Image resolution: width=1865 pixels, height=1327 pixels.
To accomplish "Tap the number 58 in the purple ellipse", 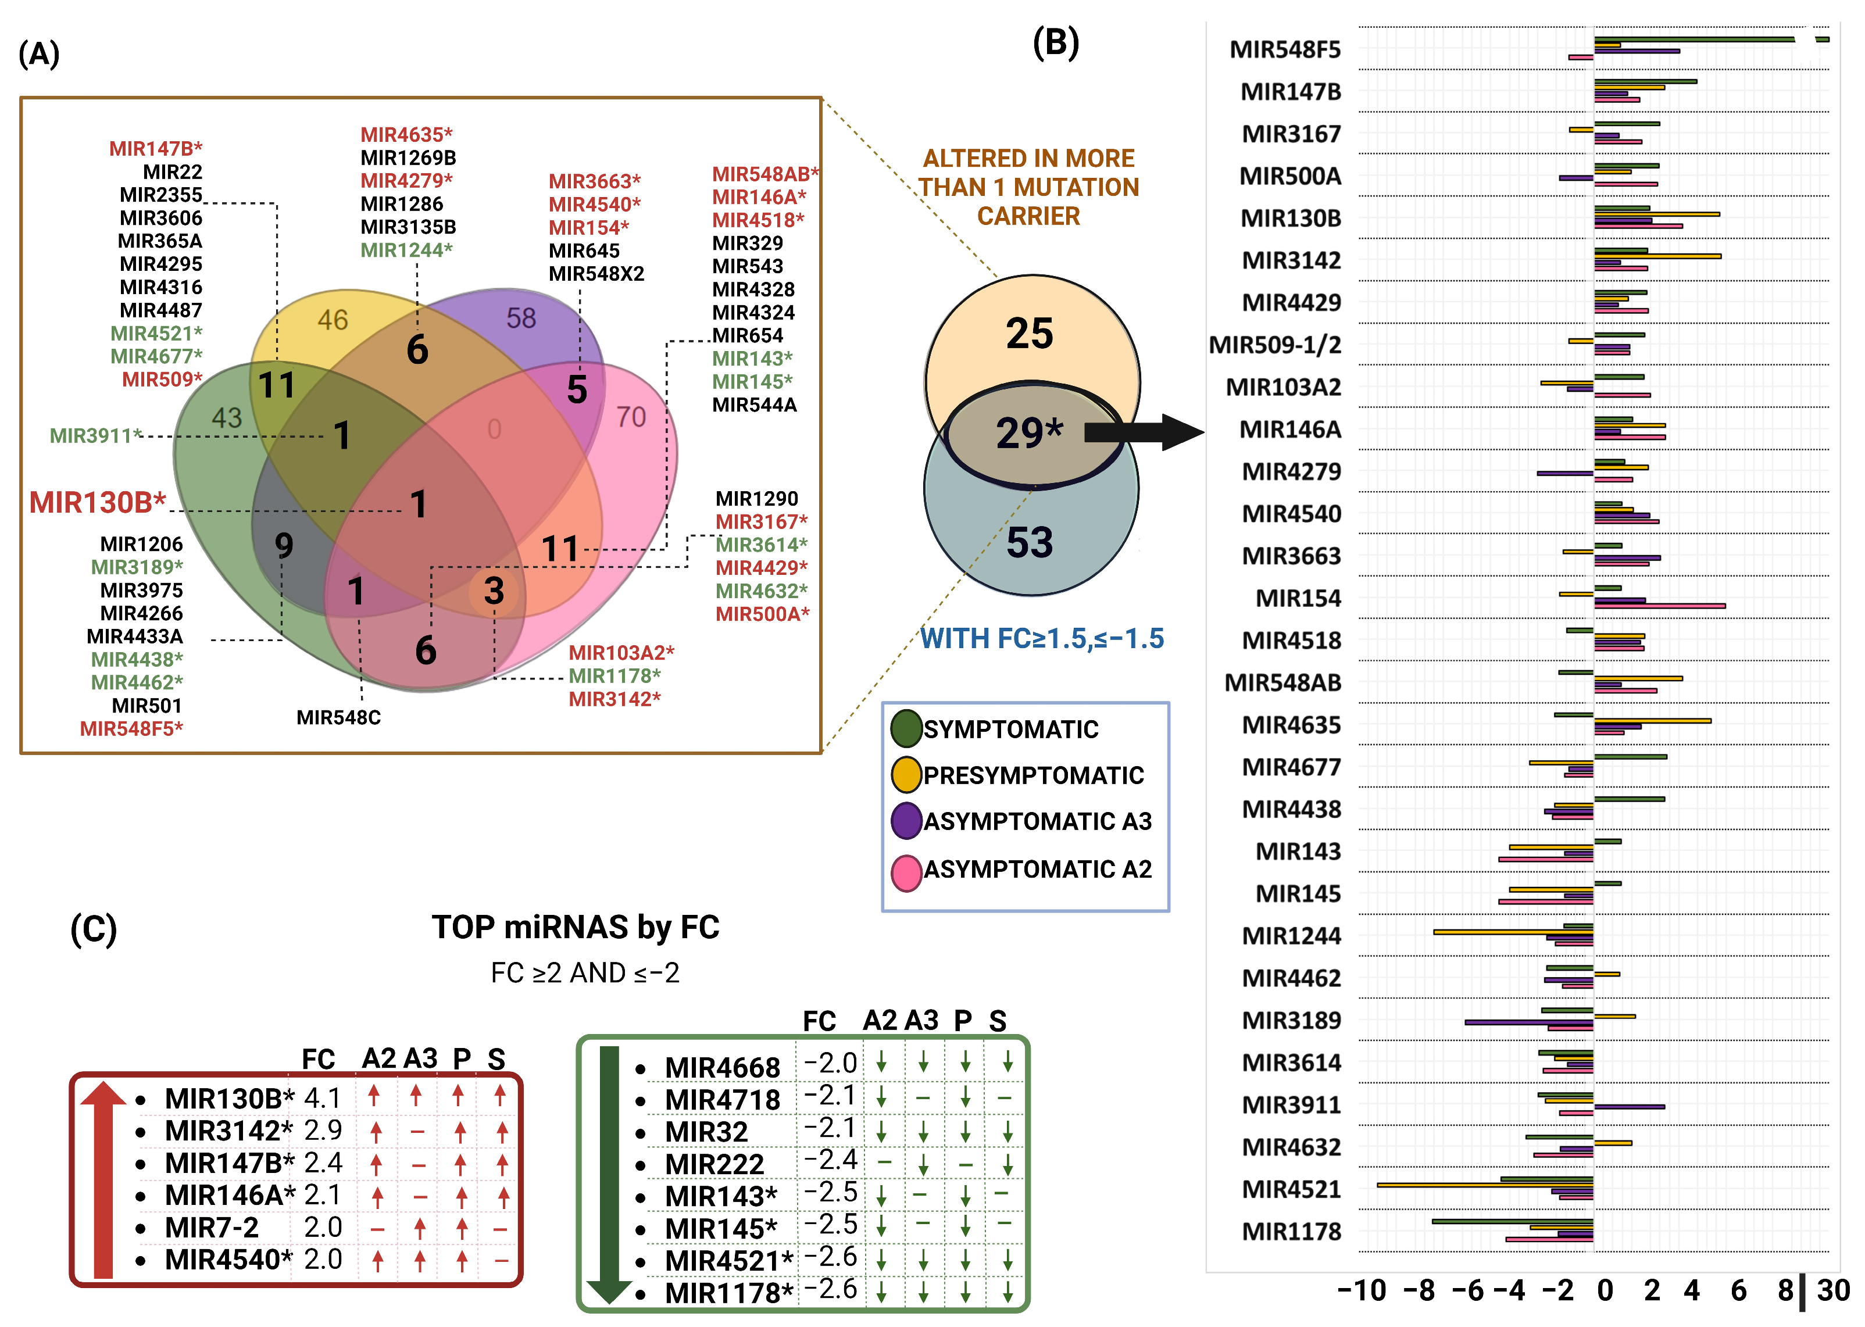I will point(520,318).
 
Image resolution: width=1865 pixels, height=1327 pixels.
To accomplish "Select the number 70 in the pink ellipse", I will point(631,417).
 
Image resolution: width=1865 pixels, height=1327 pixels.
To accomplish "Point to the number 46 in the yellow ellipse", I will point(333,320).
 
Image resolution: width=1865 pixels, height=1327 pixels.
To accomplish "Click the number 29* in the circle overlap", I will point(1029,432).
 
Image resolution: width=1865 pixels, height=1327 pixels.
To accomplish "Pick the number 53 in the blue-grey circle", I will point(1029,542).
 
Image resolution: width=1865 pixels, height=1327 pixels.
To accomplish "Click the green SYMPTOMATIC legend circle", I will point(906,729).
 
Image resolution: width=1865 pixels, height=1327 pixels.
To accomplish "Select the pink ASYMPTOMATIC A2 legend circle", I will point(906,872).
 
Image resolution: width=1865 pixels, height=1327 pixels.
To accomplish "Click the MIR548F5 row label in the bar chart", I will point(1285,50).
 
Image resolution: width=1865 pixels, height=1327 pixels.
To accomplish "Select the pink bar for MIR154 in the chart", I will point(1659,606).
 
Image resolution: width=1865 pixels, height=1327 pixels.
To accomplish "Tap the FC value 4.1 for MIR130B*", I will point(322,1098).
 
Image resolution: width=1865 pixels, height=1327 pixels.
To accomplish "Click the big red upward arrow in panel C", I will point(103,1176).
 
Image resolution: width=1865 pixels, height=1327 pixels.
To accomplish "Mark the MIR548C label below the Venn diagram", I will point(338,717).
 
